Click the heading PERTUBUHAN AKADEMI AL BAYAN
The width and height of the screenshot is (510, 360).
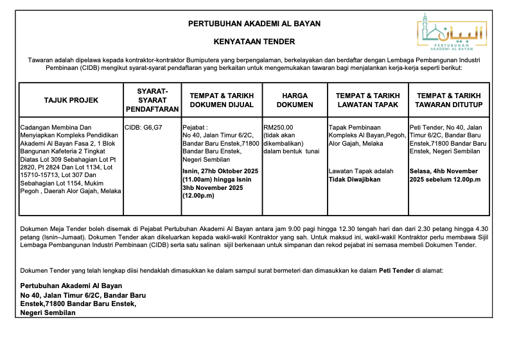click(x=254, y=24)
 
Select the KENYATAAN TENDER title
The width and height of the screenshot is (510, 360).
click(x=254, y=42)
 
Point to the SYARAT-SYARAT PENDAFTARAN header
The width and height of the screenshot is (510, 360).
click(x=152, y=100)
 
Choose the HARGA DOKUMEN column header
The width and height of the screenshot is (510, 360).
click(x=295, y=99)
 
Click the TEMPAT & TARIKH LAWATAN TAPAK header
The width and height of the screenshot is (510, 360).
click(x=367, y=99)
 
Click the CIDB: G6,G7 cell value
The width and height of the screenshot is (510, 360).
click(x=143, y=127)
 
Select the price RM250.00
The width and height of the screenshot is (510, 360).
click(x=277, y=127)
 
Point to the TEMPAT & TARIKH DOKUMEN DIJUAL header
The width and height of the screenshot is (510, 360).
click(x=222, y=99)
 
